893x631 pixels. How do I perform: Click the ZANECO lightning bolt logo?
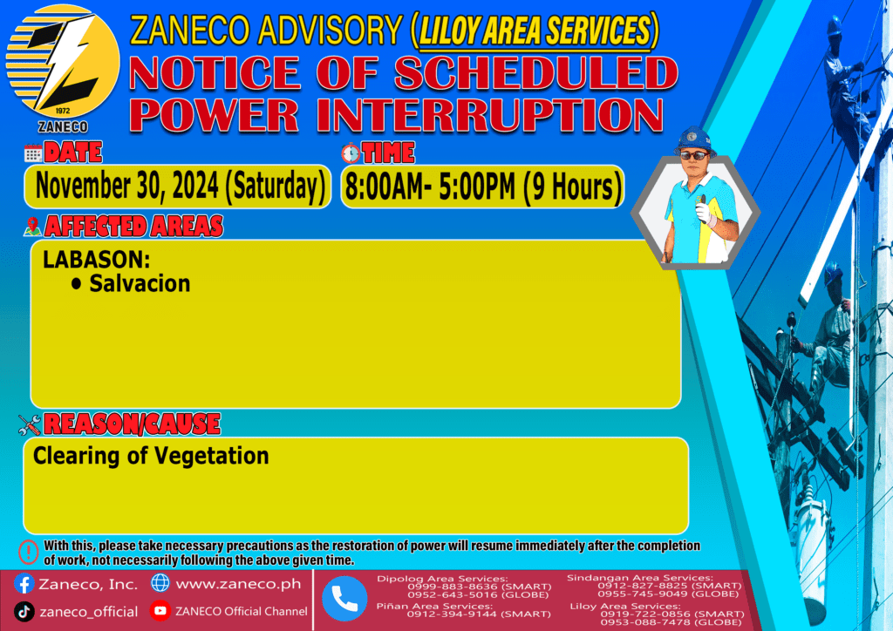click(63, 62)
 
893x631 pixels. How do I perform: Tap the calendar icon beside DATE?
click(33, 153)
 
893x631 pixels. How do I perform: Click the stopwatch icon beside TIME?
click(351, 153)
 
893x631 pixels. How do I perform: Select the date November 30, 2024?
click(127, 186)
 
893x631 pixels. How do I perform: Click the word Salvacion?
click(140, 283)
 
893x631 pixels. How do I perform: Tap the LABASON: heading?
click(96, 260)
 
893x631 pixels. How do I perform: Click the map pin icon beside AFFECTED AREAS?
click(32, 227)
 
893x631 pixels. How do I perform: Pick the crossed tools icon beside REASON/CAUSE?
click(30, 424)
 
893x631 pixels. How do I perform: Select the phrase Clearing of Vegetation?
click(151, 456)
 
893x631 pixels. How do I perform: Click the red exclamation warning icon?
click(29, 552)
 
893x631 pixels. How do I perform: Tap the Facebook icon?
click(24, 584)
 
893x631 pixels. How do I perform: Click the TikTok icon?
click(24, 612)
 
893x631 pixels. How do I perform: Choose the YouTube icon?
click(160, 610)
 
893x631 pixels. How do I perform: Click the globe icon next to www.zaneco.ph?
click(160, 583)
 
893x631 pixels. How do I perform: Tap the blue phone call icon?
click(344, 599)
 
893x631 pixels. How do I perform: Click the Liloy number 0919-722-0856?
click(643, 614)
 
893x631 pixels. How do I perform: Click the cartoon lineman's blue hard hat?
click(693, 140)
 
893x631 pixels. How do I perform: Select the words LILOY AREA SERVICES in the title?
click(535, 31)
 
